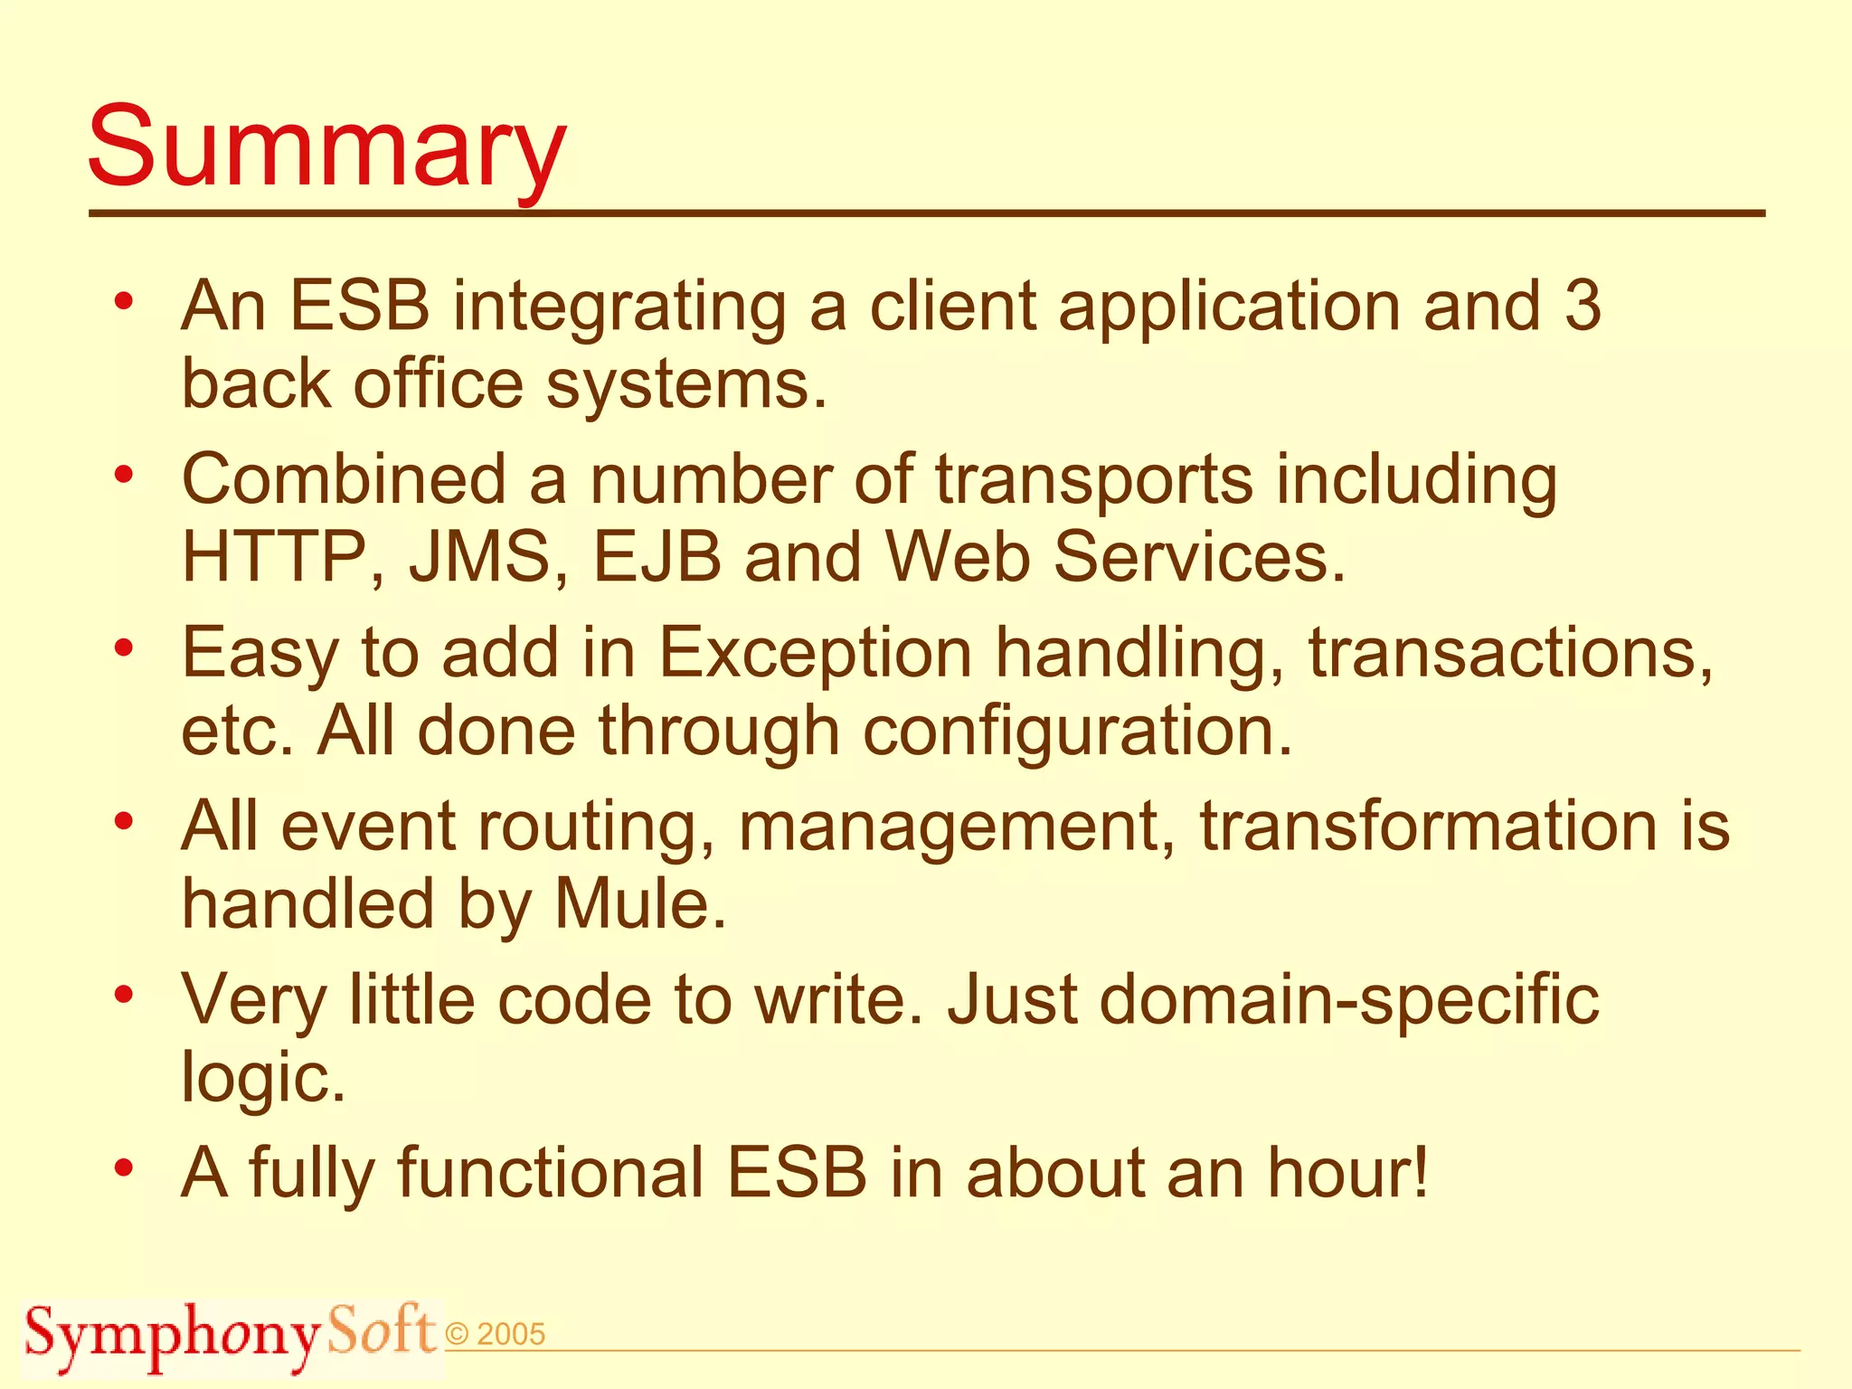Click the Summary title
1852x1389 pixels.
326,147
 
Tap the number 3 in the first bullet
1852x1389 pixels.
1583,306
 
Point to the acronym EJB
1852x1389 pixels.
657,556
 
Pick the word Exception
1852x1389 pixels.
815,652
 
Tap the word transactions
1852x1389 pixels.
1510,652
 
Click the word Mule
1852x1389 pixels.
639,903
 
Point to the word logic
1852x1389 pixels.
263,1078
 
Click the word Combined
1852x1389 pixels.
344,479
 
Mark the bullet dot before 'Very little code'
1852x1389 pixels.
125,996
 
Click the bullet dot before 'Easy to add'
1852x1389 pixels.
125,648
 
